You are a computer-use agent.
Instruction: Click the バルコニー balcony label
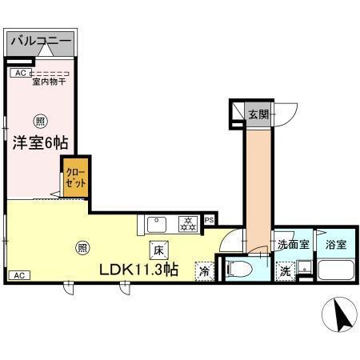coord(41,40)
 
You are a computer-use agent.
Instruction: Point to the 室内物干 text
coord(49,81)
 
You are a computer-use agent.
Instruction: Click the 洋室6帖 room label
coord(39,142)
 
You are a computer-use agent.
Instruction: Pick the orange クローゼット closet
coord(74,176)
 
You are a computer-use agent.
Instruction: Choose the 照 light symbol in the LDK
coord(83,248)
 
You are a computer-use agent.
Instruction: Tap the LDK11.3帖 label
coord(138,270)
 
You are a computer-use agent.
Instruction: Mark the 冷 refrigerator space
coord(204,271)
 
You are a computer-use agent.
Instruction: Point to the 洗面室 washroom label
coord(293,245)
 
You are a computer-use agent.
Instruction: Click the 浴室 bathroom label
coord(335,245)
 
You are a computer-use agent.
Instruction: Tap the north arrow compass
coord(339,315)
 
